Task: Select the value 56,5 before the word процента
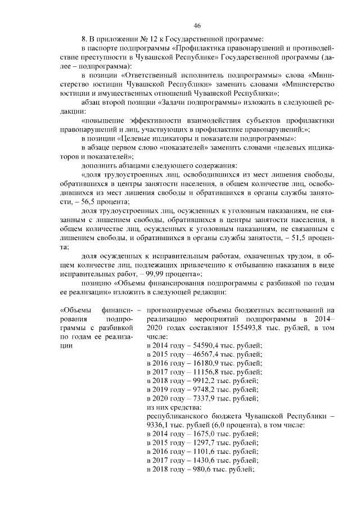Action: (x=85, y=202)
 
